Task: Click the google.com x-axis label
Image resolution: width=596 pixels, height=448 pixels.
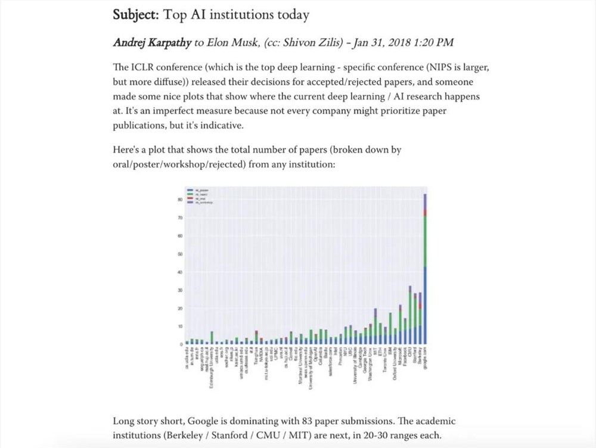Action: (425, 360)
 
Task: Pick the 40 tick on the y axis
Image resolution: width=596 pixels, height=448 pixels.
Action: (180, 272)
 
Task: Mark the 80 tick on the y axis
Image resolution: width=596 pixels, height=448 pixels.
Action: (180, 200)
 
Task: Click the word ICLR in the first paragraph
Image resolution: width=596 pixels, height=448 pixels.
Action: (141, 67)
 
